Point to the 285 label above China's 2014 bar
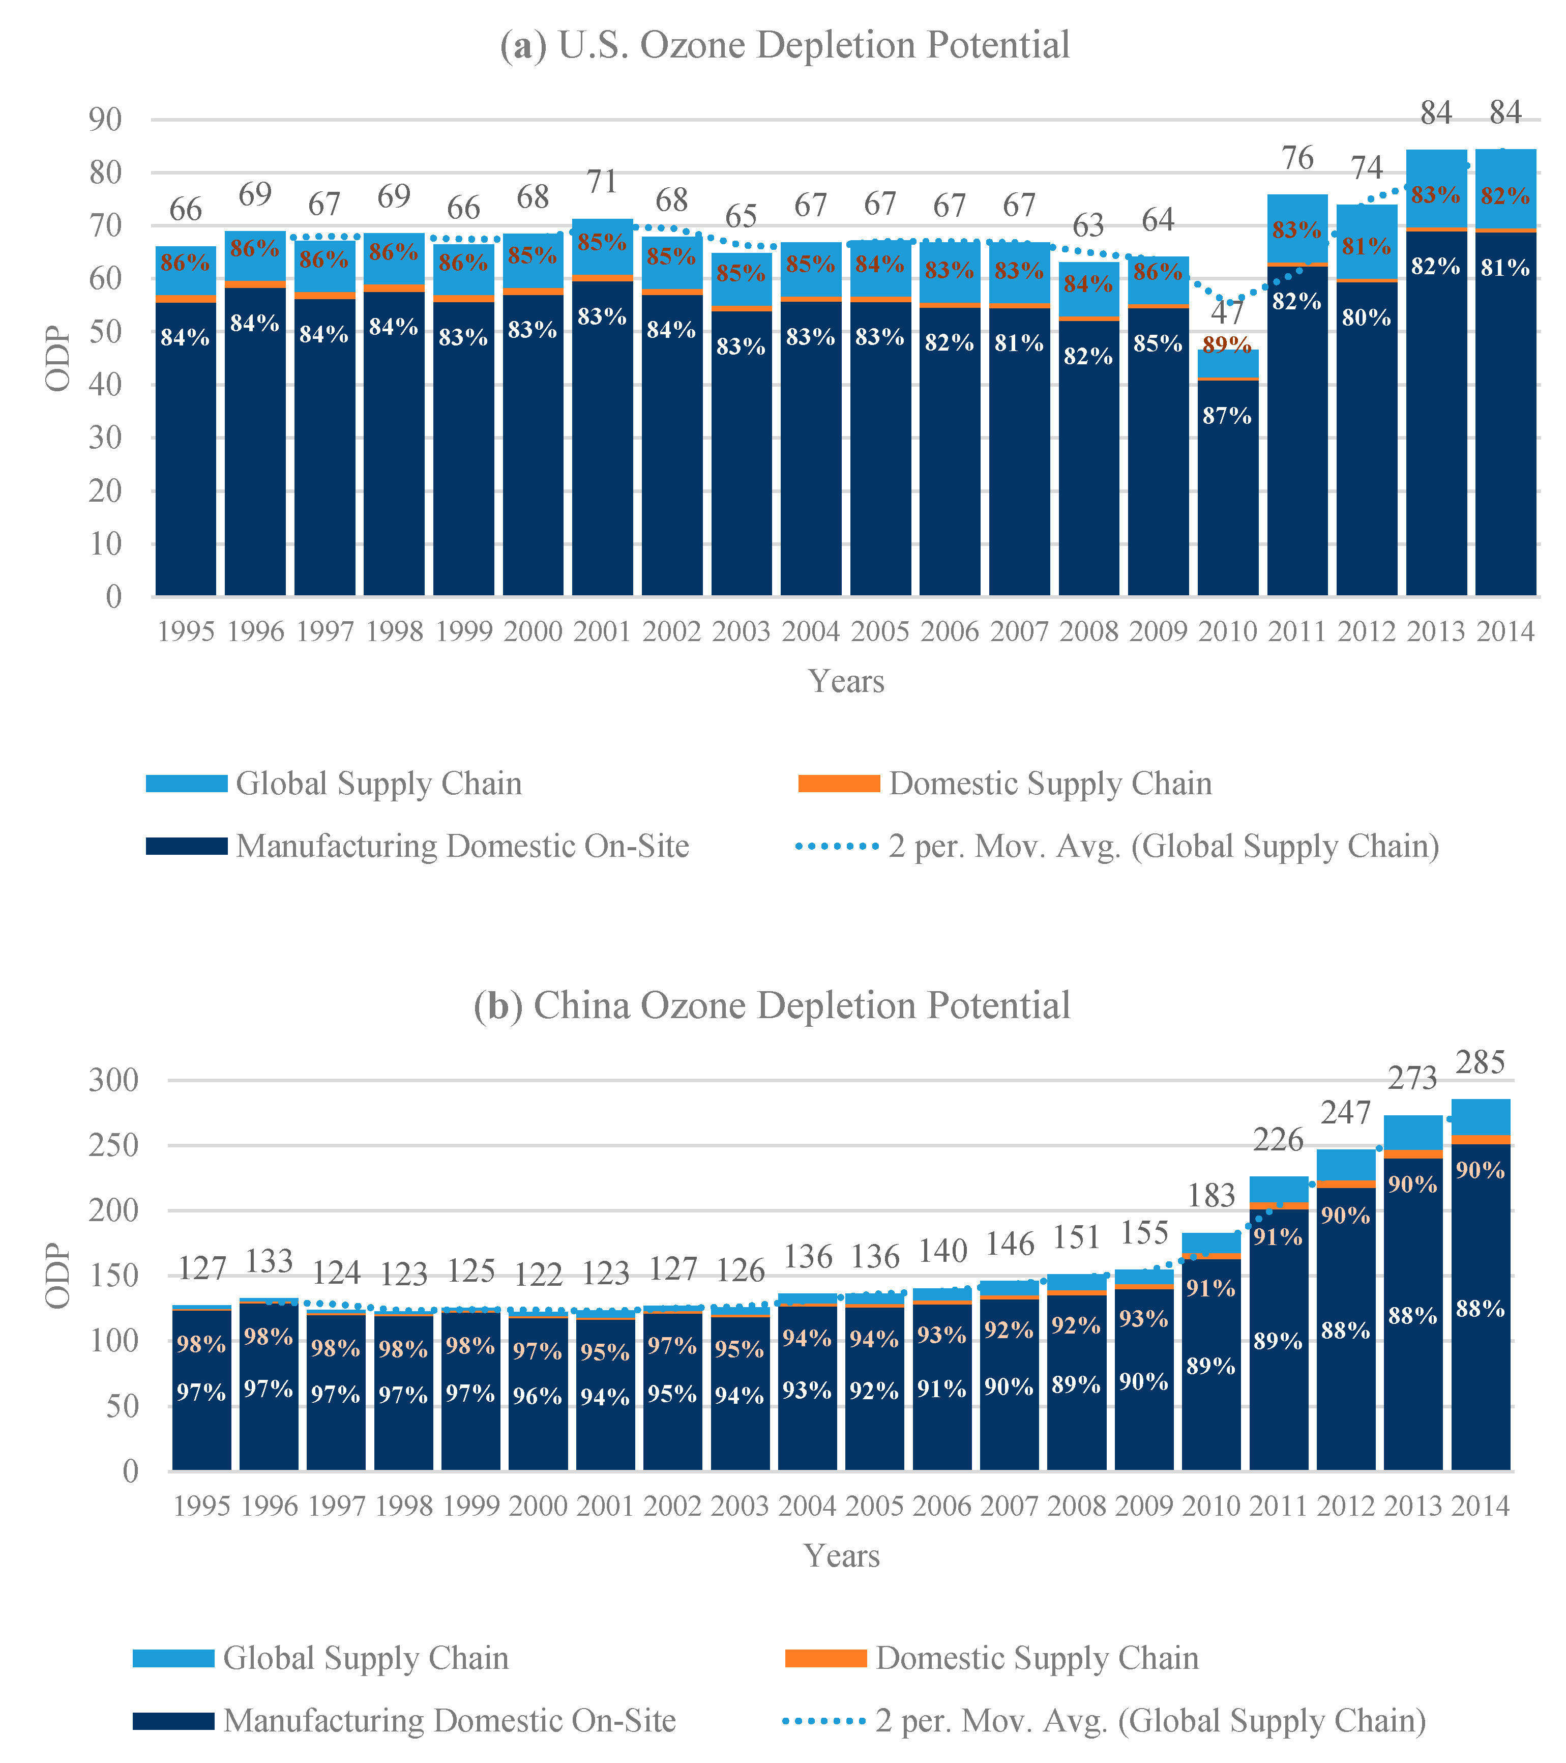pyautogui.click(x=1480, y=1062)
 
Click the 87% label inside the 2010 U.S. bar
pyautogui.click(x=1227, y=416)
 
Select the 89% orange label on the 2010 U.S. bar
pyautogui.click(x=1227, y=345)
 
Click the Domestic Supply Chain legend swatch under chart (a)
pyautogui.click(x=838, y=783)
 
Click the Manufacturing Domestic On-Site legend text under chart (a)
pyautogui.click(x=462, y=846)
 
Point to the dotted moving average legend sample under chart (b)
pyautogui.click(x=823, y=1721)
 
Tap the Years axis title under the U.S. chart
pyautogui.click(x=846, y=681)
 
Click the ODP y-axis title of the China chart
pyautogui.click(x=58, y=1276)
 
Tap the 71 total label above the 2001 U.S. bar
pyautogui.click(x=602, y=182)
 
